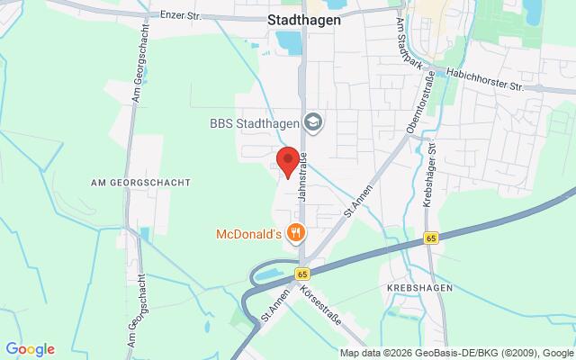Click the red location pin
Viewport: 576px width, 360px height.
point(286,160)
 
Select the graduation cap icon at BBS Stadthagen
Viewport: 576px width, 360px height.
point(313,121)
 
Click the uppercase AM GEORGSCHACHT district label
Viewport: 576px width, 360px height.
point(141,182)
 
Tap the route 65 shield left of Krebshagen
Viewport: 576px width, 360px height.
point(432,238)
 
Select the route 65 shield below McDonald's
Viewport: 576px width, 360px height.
point(302,273)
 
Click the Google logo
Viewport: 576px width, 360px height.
point(30,349)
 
